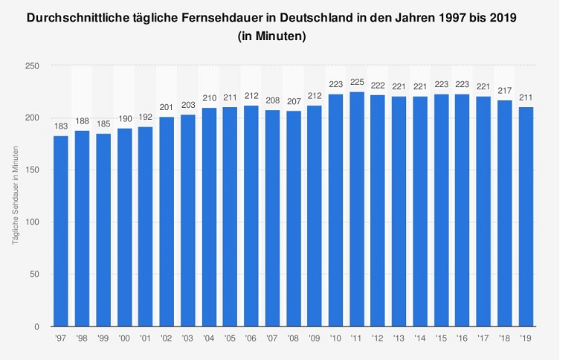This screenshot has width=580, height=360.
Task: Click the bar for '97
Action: (61, 231)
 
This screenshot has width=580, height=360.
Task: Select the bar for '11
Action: (356, 209)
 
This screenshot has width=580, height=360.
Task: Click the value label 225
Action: (356, 83)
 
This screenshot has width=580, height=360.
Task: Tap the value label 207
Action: (293, 102)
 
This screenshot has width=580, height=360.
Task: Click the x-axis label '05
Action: (230, 337)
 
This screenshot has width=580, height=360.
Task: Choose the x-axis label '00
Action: (124, 337)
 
